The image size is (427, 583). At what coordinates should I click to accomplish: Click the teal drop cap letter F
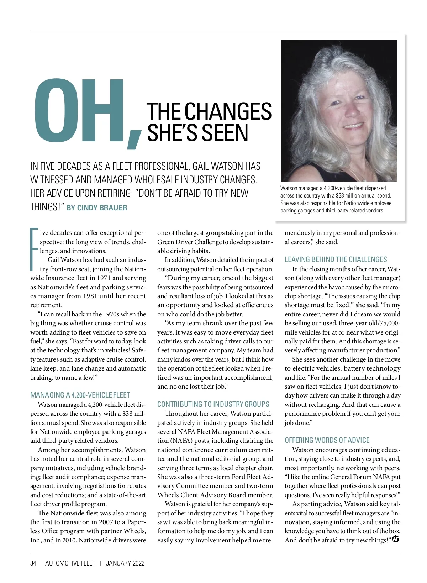point(34,249)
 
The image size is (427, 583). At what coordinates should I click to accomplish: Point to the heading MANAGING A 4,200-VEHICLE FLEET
point(80,395)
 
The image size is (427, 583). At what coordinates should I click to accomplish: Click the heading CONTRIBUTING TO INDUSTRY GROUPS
point(213,404)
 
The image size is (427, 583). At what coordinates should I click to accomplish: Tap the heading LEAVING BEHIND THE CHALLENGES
point(336,259)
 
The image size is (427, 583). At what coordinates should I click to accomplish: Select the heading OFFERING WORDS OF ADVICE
point(327,440)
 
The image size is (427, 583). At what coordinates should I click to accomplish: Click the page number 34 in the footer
point(33,563)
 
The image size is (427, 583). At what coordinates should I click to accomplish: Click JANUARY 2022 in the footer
point(125,563)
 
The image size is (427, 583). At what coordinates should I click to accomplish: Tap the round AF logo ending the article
point(395,540)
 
